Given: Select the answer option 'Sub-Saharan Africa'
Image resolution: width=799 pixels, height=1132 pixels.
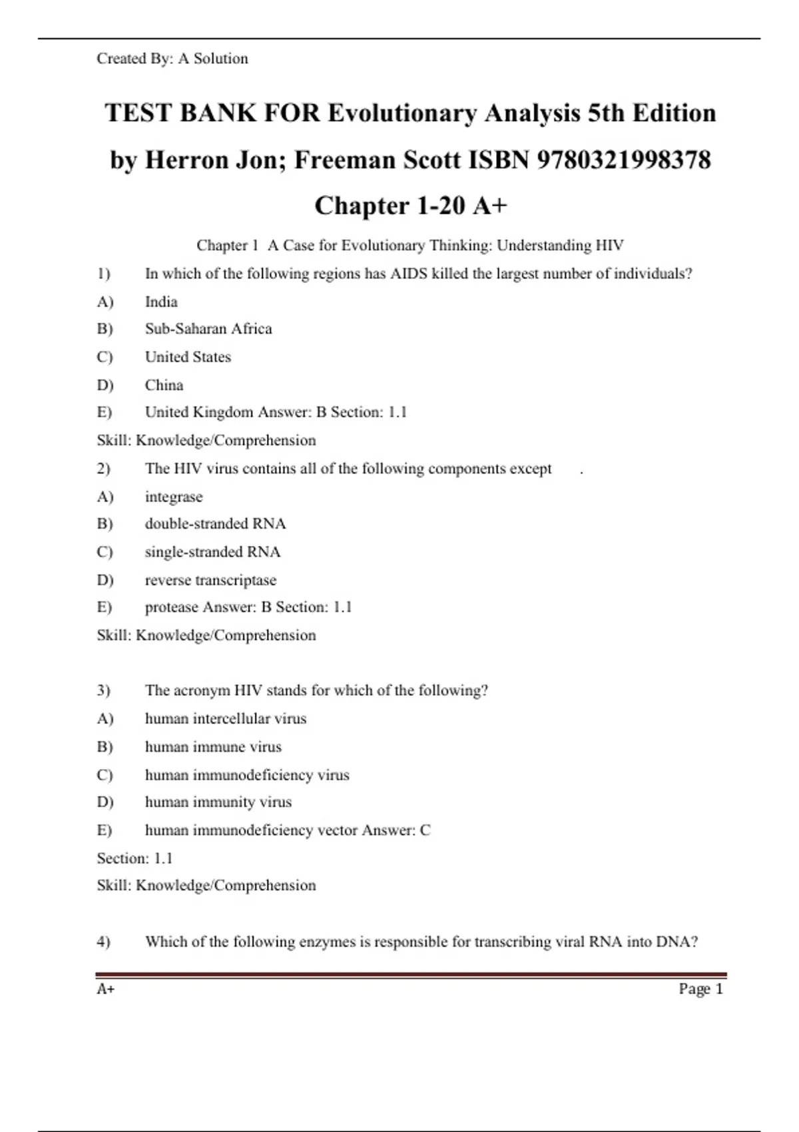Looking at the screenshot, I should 208,329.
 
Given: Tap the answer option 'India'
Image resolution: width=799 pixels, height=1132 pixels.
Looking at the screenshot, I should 161,302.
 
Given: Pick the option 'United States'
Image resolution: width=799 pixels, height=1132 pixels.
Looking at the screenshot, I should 188,357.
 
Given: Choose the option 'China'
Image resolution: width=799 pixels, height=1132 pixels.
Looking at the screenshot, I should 164,385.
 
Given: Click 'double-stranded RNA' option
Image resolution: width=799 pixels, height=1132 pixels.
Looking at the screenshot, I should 215,524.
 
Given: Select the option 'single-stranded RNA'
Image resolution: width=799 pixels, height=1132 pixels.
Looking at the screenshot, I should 212,552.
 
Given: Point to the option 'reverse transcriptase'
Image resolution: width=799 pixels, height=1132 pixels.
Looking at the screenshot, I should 210,580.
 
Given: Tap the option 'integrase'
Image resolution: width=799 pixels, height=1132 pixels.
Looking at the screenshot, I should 174,497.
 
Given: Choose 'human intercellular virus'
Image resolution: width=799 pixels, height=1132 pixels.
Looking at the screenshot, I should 226,718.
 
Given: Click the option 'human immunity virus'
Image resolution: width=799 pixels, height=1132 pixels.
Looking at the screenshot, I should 218,802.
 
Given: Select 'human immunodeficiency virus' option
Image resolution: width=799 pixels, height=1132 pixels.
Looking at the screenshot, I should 247,775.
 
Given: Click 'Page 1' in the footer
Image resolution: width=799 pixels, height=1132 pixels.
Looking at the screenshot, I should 700,989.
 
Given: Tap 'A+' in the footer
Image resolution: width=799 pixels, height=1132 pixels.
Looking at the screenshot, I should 106,989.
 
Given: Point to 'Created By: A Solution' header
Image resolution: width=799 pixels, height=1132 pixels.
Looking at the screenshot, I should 172,59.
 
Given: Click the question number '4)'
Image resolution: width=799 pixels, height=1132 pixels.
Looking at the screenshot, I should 103,942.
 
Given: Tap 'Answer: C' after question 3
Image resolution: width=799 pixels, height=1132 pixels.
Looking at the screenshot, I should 396,830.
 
